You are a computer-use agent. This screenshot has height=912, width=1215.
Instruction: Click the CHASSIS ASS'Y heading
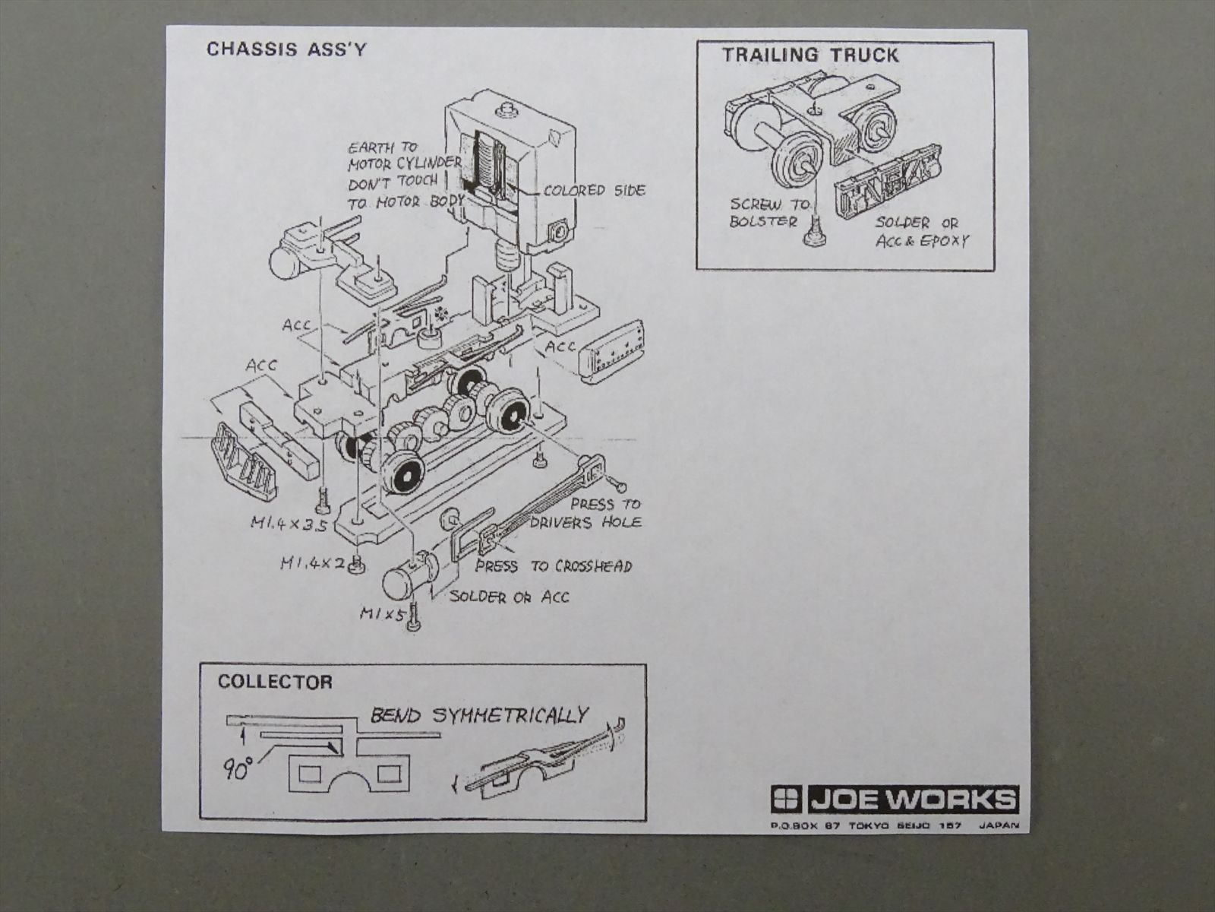286,49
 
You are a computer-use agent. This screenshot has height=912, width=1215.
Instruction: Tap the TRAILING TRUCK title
809,55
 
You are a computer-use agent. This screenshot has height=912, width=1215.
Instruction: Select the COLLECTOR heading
275,682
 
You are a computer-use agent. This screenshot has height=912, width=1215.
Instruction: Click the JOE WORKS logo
894,800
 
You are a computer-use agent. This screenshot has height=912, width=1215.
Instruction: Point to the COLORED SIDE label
595,190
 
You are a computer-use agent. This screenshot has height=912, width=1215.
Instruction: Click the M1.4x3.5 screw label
289,523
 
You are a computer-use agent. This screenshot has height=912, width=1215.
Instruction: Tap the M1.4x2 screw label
312,563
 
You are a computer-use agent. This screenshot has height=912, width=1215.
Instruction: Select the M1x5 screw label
382,613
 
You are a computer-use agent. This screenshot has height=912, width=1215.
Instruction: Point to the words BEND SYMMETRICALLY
478,715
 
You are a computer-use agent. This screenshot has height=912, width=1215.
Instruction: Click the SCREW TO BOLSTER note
768,213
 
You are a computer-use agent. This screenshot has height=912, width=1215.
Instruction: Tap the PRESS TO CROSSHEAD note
554,566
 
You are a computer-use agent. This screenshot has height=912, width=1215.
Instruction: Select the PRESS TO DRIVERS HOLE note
586,513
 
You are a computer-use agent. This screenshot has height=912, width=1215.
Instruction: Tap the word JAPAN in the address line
999,825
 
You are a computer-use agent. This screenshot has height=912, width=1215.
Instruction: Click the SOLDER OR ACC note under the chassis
509,597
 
